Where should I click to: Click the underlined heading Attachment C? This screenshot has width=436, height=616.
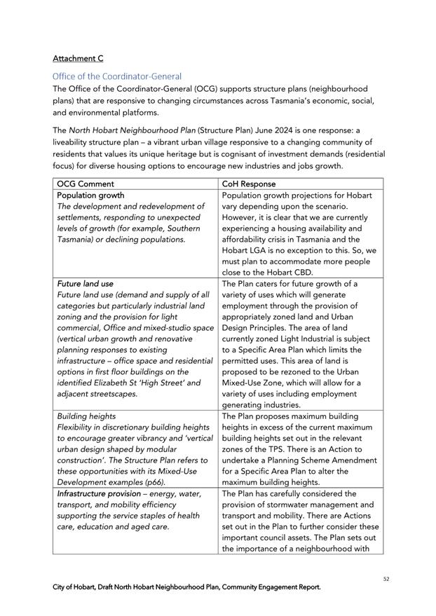78,58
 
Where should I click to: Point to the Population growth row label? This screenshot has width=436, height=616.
90,195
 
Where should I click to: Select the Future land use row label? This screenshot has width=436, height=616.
85,283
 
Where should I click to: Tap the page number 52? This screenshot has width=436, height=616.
386,579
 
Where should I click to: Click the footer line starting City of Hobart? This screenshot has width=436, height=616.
186,587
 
